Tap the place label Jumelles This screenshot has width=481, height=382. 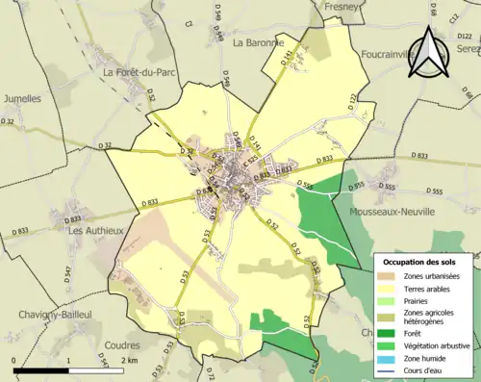tap(22, 98)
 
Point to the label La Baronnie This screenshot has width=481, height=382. tap(259, 43)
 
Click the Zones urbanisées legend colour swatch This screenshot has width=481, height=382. tap(387, 277)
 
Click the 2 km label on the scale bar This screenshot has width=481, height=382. tap(129, 361)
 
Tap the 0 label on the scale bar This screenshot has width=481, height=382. tap(15, 361)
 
